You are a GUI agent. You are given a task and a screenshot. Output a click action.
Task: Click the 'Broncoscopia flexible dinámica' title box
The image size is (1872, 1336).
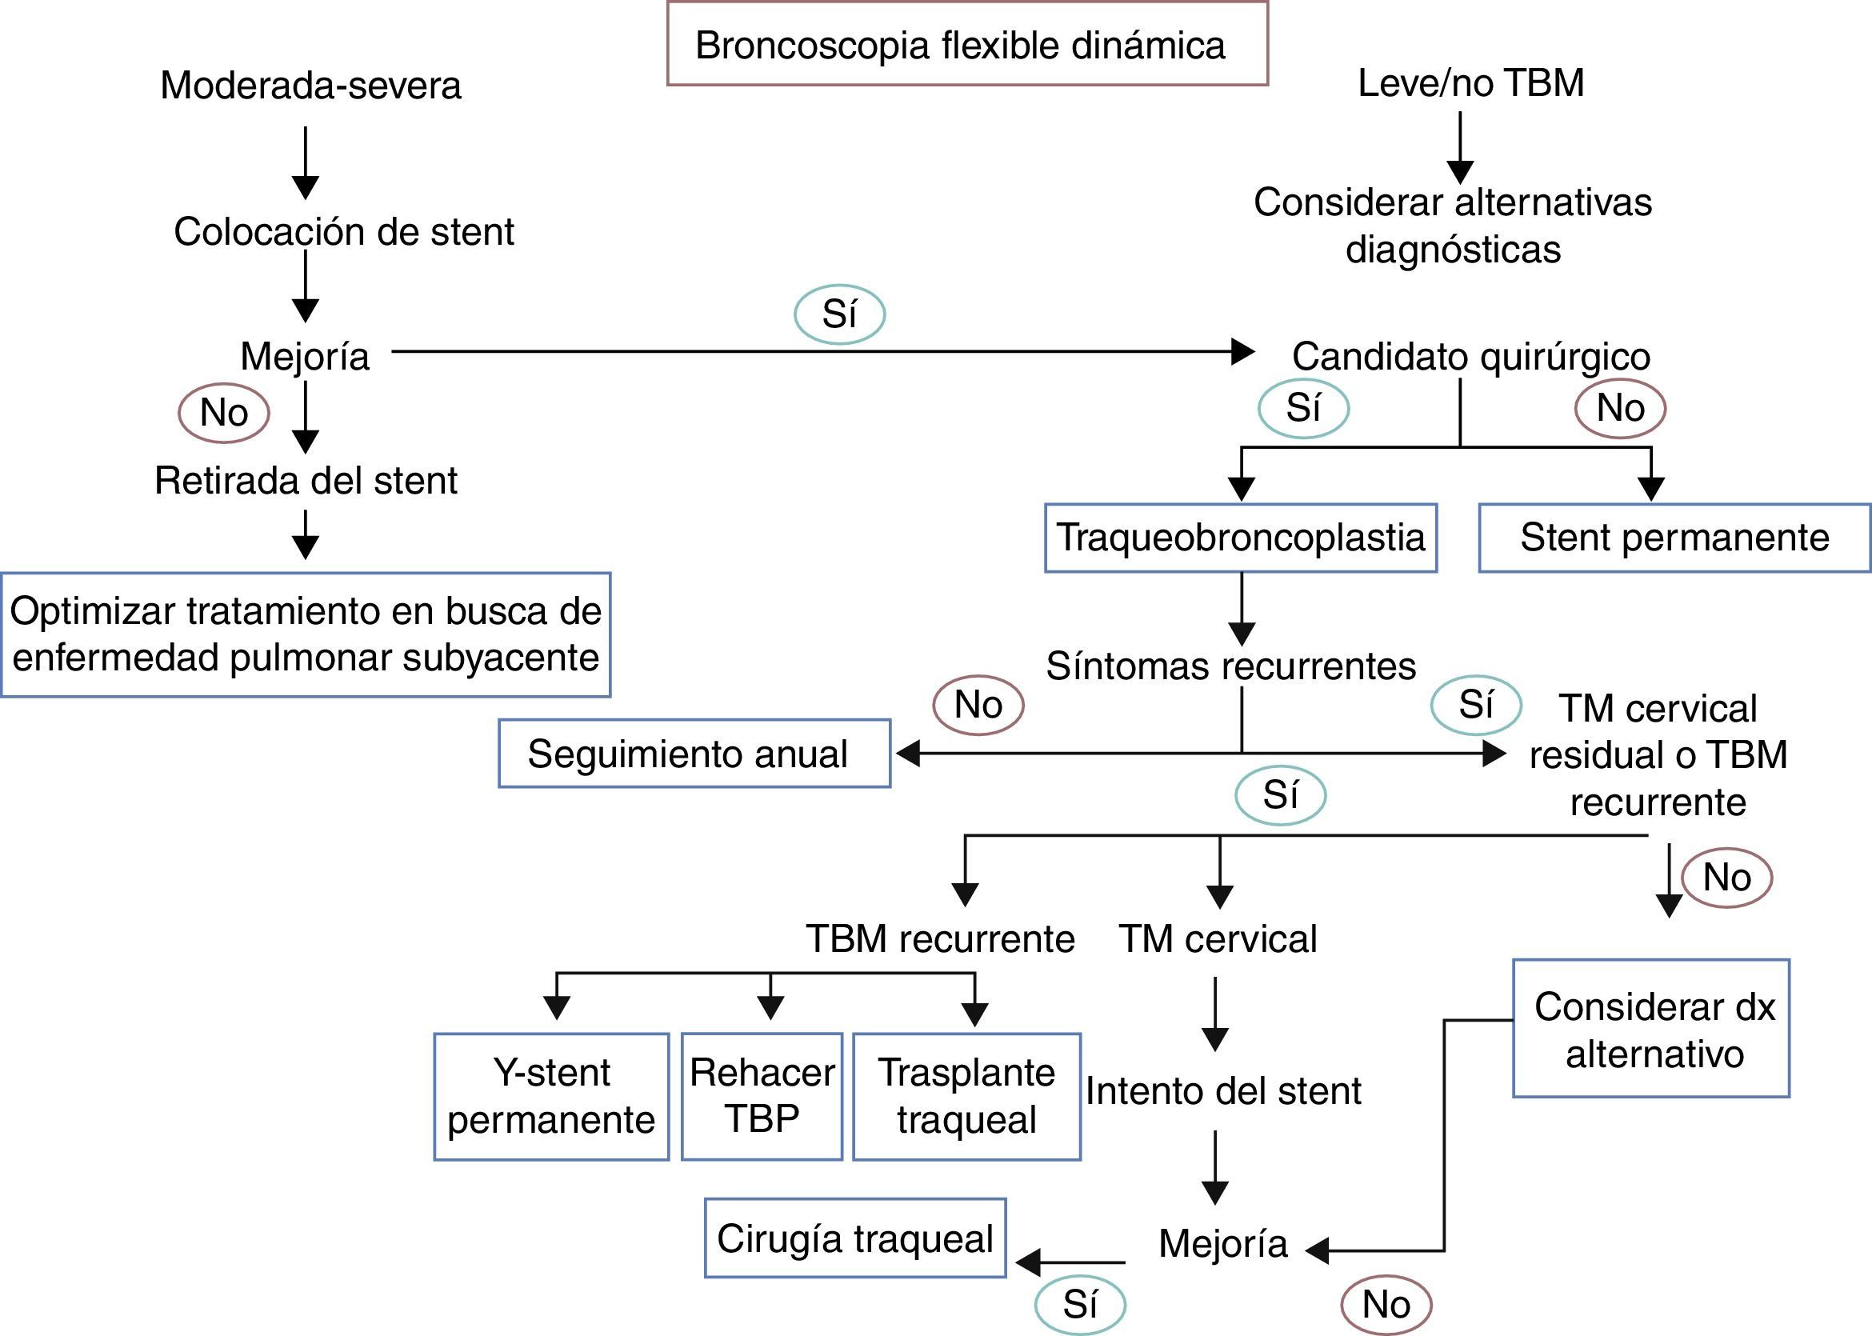coord(966,45)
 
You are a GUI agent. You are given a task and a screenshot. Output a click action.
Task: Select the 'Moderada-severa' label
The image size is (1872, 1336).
coord(311,86)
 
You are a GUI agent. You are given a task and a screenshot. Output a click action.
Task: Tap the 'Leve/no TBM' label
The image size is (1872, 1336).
coord(1470,83)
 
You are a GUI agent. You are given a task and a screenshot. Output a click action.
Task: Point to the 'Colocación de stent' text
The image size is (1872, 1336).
coord(344,232)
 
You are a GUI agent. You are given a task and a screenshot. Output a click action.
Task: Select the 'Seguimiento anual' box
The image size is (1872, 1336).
coord(694,754)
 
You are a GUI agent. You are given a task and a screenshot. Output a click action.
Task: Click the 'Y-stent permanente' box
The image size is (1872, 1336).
coord(551,1097)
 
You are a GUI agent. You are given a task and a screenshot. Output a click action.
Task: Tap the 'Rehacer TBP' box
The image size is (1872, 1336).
coord(762,1097)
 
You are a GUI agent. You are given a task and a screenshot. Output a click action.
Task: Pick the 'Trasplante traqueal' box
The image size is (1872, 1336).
coord(966,1097)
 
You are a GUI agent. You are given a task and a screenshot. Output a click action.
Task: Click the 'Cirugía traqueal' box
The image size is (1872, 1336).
coord(855,1238)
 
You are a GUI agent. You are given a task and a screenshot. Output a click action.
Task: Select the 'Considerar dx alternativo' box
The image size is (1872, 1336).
coord(1651,1029)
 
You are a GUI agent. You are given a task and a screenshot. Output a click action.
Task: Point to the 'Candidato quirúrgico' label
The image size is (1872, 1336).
coord(1470,357)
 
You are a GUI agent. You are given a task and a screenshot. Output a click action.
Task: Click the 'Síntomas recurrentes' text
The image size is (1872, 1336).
coord(1231,666)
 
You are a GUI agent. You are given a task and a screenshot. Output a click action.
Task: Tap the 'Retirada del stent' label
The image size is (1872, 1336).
coord(306,482)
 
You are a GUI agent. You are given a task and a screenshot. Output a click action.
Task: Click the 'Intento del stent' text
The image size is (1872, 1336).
coord(1223,1092)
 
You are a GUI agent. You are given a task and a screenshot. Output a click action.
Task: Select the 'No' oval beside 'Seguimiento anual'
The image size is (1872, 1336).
coord(978,705)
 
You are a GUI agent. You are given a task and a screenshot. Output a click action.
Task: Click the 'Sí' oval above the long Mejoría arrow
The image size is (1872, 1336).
coord(839,314)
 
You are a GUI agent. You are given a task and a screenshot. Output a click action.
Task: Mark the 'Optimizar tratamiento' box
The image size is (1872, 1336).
coord(306,635)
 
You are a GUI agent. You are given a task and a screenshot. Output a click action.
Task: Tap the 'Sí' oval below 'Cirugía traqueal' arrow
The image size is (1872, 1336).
coord(1079,1305)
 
